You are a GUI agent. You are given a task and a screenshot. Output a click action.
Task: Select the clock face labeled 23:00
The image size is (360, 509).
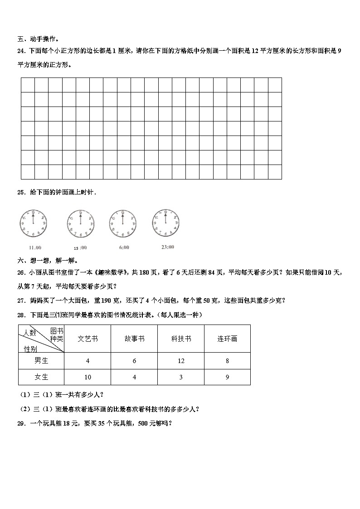click(x=166, y=223)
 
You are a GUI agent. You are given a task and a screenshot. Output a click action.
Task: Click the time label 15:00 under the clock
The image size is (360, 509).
click(x=80, y=247)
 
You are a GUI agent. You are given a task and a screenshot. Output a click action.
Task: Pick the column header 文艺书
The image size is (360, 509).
click(x=88, y=339)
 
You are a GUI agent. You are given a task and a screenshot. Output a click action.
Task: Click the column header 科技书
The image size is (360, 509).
click(x=181, y=339)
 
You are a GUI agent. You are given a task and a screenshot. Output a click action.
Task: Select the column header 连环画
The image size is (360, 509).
click(x=227, y=339)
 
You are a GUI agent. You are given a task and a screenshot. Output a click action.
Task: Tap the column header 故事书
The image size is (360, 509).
click(x=134, y=339)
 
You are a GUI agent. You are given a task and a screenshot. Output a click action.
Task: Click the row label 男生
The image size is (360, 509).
click(x=41, y=361)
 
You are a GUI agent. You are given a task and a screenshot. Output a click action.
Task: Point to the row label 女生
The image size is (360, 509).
click(x=41, y=377)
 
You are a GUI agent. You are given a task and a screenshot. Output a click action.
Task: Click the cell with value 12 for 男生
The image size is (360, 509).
click(x=181, y=361)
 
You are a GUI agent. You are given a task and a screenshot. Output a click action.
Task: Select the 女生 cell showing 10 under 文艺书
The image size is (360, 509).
click(x=88, y=377)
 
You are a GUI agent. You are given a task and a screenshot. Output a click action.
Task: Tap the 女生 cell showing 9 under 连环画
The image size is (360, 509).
click(x=227, y=377)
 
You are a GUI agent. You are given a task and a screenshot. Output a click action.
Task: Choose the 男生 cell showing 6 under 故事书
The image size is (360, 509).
click(x=134, y=361)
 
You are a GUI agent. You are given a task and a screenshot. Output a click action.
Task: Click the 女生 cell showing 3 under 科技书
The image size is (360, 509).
click(x=181, y=377)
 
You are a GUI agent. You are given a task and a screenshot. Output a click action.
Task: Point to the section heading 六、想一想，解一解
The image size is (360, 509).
click(x=47, y=261)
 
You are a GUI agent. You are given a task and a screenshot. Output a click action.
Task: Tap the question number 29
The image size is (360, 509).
click(x=21, y=423)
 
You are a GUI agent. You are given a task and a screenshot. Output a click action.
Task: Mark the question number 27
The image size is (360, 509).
click(x=21, y=300)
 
